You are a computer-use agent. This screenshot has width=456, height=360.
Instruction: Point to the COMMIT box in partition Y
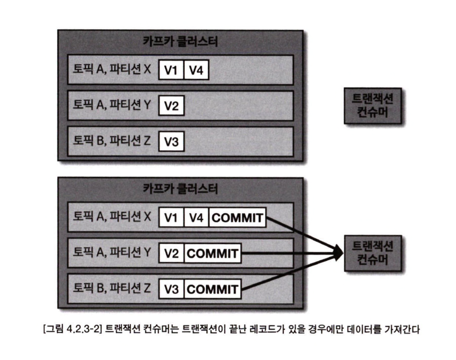click(212, 254)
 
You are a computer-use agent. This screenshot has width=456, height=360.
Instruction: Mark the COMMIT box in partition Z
click(212, 289)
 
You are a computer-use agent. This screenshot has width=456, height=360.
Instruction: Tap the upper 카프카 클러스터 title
click(180, 41)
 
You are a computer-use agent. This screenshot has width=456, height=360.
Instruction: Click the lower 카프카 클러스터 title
click(180, 189)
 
